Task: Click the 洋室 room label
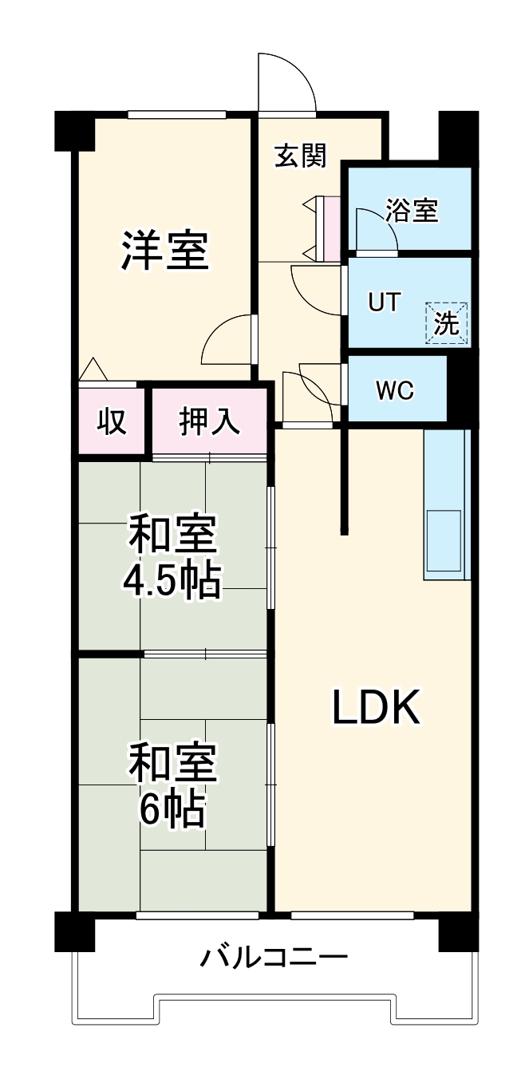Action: [165, 251]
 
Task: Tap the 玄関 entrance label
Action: [301, 156]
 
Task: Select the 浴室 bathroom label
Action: [412, 211]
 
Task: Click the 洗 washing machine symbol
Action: [447, 323]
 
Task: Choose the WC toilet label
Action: [395, 391]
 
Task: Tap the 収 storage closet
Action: [112, 421]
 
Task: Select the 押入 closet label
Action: [209, 421]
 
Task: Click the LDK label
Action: [375, 708]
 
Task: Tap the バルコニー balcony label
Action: [274, 956]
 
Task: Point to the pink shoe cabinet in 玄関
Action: [331, 227]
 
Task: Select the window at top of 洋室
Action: [177, 115]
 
